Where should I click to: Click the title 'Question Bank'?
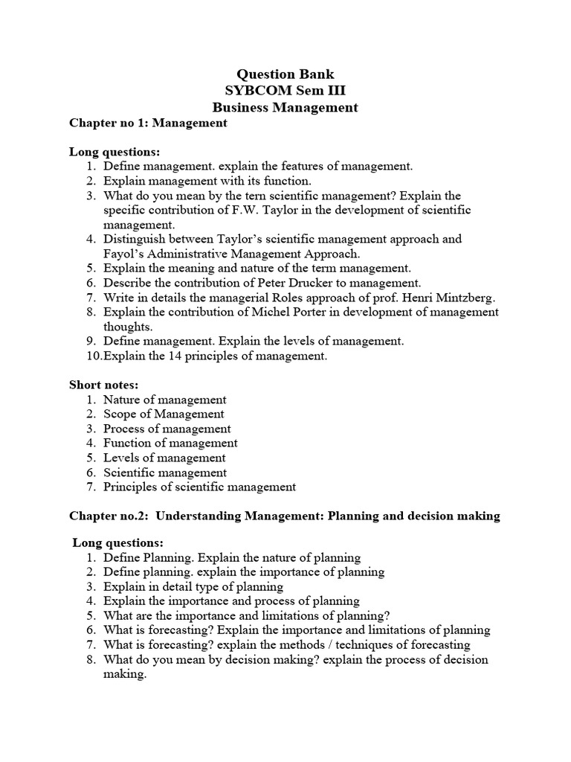click(285, 74)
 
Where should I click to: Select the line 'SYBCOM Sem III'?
click(285, 91)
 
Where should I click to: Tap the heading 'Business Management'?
click(285, 108)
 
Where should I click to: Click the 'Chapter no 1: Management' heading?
click(148, 123)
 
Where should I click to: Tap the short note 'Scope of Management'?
click(164, 414)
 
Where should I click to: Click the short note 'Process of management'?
click(167, 429)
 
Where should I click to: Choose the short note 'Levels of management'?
click(164, 458)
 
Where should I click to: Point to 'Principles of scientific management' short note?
click(199, 487)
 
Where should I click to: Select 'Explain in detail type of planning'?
click(193, 586)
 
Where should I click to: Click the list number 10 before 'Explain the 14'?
click(93, 356)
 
